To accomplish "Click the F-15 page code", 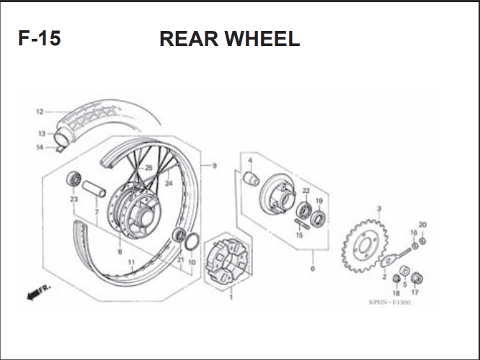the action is [x=40, y=38].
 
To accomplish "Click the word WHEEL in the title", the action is [x=262, y=39].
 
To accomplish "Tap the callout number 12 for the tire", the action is [x=40, y=112].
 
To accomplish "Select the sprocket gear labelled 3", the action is [x=365, y=246].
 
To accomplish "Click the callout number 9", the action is [x=214, y=166].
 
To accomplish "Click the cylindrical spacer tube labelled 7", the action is [x=94, y=189].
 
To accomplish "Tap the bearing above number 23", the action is [x=74, y=179].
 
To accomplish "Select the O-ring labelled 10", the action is [x=192, y=240].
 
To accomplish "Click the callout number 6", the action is [x=313, y=269].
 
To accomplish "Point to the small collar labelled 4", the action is [x=251, y=179].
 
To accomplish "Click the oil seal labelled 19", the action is [x=318, y=218].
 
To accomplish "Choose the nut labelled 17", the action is [x=417, y=278].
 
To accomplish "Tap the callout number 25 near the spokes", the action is [x=148, y=168].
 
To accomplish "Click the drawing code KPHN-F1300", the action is [x=390, y=302].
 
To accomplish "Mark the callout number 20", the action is [x=422, y=225].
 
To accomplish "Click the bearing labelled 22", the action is [x=304, y=210].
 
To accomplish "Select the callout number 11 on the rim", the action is [x=131, y=262].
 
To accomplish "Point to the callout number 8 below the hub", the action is [x=120, y=252].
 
